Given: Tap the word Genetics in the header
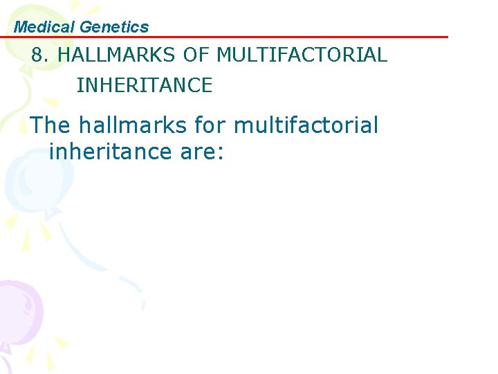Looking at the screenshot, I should [114, 27].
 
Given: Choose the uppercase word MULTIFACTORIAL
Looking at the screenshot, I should [302, 55].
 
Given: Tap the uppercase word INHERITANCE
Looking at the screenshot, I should [144, 85].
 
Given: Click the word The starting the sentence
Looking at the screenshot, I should [51, 125].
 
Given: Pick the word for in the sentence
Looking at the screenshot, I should [210, 125].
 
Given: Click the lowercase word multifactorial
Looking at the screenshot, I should [306, 125].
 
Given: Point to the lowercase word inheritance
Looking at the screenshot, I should [111, 151].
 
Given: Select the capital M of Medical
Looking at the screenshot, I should [21, 27].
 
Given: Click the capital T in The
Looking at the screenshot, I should [39, 125].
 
